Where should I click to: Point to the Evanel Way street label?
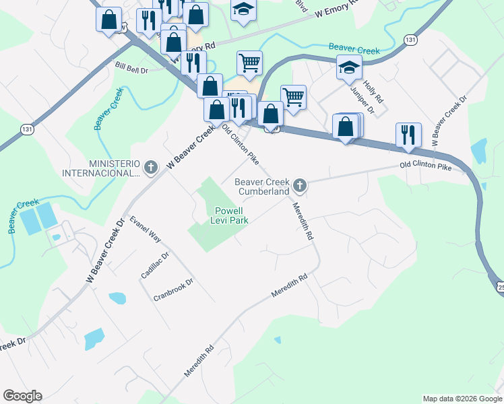coord(146,229)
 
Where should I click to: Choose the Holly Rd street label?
coord(373,90)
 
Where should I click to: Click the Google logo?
coord(22,396)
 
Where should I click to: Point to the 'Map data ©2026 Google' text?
coord(463,399)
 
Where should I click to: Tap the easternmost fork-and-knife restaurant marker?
coord(408,135)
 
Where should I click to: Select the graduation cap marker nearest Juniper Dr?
coord(349,67)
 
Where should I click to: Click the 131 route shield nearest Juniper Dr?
coord(410,40)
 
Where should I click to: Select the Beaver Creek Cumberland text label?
coord(262,187)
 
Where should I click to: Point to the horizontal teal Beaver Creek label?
coord(354,49)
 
